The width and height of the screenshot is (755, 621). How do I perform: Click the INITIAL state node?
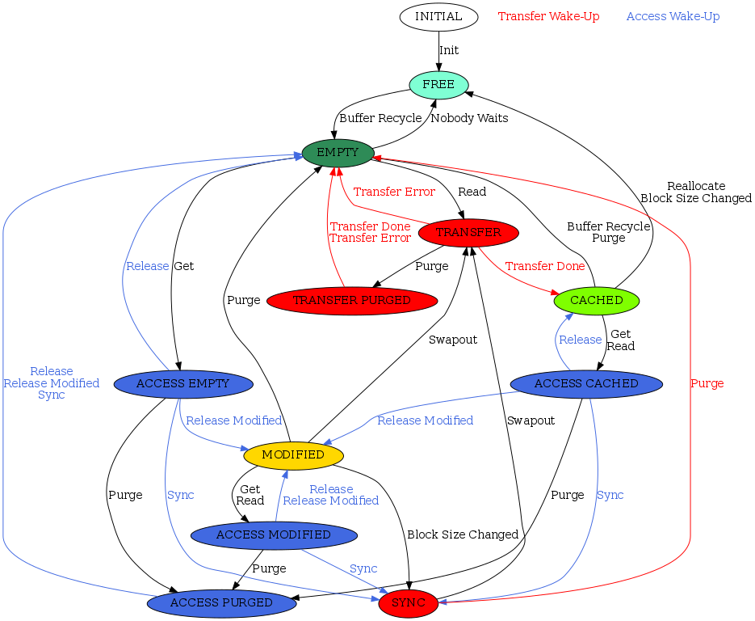click(x=438, y=16)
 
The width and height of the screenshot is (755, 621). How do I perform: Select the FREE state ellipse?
click(x=438, y=85)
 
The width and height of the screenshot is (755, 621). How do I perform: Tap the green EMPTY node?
click(x=338, y=153)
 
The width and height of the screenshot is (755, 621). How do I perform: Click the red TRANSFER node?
click(x=468, y=233)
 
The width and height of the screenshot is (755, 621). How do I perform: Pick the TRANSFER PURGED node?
click(x=351, y=301)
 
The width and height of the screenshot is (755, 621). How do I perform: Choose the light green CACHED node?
click(x=597, y=301)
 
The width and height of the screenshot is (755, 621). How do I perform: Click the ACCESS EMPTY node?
click(x=184, y=383)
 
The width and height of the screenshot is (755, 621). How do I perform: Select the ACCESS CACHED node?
click(x=586, y=383)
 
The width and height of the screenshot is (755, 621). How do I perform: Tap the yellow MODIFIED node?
click(x=293, y=455)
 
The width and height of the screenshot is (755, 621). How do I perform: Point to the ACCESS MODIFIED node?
click(x=274, y=535)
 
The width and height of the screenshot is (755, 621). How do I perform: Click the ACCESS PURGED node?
click(x=221, y=603)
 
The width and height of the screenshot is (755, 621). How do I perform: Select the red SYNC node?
click(x=408, y=603)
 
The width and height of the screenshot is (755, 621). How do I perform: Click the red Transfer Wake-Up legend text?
click(x=548, y=16)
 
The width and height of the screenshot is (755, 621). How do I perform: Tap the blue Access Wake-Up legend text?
click(x=673, y=16)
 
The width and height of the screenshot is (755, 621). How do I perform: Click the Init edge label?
click(x=449, y=50)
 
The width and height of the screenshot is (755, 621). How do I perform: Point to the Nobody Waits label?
click(x=469, y=118)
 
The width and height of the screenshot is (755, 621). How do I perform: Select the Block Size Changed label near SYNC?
click(x=463, y=534)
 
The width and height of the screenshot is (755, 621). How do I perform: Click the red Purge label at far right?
click(x=707, y=383)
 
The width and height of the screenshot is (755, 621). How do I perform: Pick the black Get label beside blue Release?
click(x=184, y=266)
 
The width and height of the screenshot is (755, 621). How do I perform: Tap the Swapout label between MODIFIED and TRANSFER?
click(x=453, y=340)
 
